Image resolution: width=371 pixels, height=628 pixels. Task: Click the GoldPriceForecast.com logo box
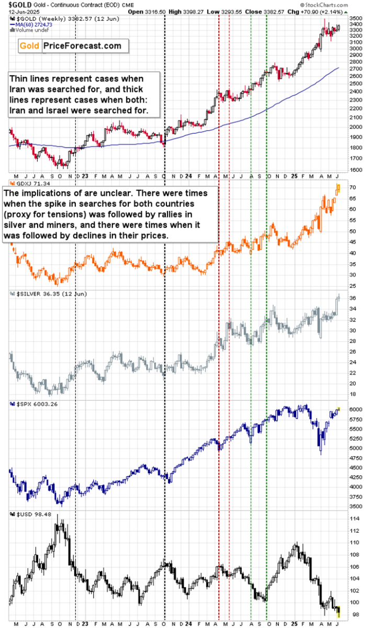point(71,46)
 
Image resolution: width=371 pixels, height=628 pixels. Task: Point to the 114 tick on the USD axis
point(354,519)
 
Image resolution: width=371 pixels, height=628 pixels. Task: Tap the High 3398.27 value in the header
point(219,10)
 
